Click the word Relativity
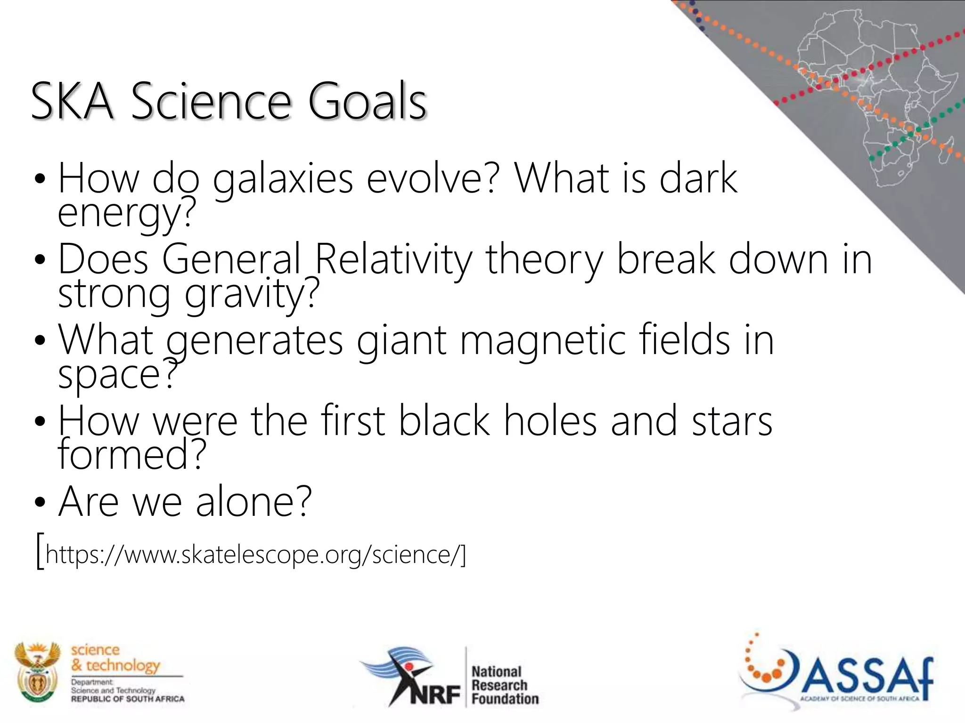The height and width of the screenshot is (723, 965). (x=393, y=259)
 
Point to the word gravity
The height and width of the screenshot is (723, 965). (x=252, y=294)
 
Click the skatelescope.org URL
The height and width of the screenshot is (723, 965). (x=254, y=554)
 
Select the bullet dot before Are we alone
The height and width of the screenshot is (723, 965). (x=40, y=503)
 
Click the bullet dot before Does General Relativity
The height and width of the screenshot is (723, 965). (x=40, y=260)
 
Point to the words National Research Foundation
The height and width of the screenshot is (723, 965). (x=504, y=685)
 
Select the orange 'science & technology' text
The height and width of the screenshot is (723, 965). (x=115, y=658)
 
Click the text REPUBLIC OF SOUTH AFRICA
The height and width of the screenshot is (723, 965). (x=127, y=699)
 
